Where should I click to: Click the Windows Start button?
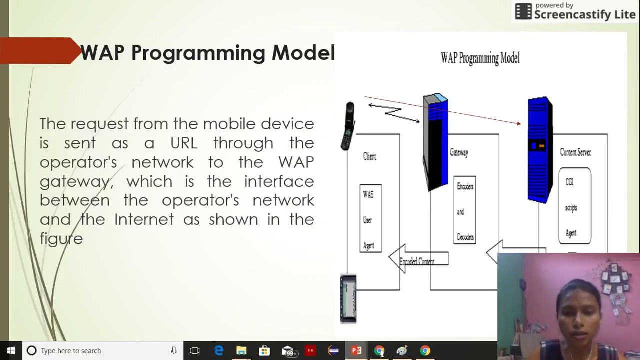(11, 350)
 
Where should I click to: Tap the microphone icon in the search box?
(174, 351)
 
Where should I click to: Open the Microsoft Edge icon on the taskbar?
(219, 351)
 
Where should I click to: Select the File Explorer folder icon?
(241, 351)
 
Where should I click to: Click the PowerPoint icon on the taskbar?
(356, 351)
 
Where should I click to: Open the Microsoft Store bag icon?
(264, 351)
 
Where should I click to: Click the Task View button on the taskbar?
(195, 351)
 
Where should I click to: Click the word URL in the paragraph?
(184, 143)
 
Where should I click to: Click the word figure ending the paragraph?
(61, 239)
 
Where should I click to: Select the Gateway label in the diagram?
(459, 153)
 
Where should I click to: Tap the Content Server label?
(575, 153)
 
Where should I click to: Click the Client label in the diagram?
(369, 157)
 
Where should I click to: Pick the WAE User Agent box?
(370, 219)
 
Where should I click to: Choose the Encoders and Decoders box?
(465, 211)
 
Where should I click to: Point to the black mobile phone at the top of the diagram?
(348, 126)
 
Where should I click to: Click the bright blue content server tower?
(540, 150)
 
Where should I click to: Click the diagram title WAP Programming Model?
(480, 58)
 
